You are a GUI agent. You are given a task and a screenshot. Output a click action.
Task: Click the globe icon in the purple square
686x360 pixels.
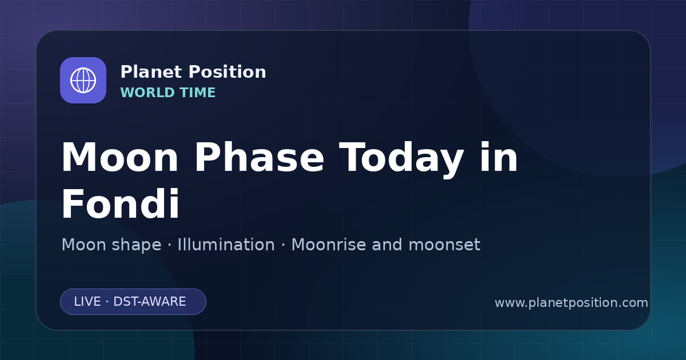pos(83,80)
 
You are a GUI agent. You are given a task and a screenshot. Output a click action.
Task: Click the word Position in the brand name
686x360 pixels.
pos(228,72)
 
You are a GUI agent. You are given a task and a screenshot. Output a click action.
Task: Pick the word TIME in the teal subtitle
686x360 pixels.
pos(198,93)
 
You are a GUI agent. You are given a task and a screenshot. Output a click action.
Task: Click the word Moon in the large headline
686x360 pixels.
pos(119,157)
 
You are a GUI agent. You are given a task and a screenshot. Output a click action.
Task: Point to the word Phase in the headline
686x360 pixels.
pos(259,157)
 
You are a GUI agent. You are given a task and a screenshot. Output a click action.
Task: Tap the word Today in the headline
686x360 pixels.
pos(401,159)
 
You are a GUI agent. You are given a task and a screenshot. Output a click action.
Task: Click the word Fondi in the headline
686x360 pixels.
pos(121,203)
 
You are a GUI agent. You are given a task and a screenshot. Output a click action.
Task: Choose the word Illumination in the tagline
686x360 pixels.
pos(226,245)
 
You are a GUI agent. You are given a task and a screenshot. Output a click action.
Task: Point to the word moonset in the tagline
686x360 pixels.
pos(444,245)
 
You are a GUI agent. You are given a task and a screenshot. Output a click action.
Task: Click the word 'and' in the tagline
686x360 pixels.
pos(387,245)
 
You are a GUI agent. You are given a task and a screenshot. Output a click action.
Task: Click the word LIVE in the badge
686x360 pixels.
pos(87,302)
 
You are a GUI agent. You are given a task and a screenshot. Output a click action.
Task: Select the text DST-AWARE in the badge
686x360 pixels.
pos(149,302)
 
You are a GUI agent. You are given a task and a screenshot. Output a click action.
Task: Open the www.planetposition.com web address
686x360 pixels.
pos(572,303)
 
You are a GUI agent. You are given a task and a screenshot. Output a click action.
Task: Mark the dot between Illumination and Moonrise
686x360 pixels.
pos(283,245)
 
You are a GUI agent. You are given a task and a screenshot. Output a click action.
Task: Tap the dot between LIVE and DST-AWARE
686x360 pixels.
pos(107,302)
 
